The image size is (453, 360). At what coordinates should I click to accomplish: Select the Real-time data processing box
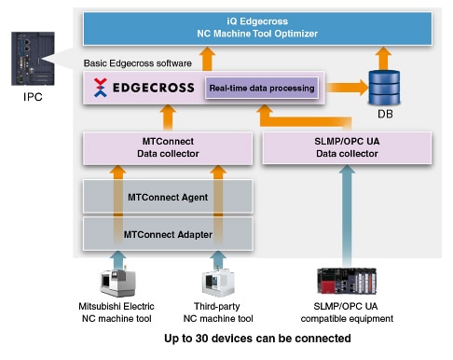point(261,89)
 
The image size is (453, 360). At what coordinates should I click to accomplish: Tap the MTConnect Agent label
point(168,197)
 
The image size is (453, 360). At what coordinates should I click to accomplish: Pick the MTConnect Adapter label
point(168,233)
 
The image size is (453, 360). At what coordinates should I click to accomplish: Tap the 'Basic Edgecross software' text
point(137,62)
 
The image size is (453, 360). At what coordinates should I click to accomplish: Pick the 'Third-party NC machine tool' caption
point(220,312)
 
